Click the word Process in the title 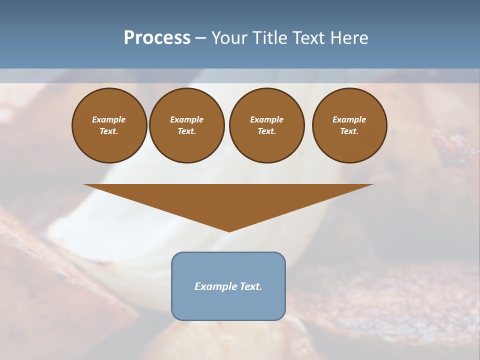pos(157,38)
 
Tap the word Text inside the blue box pos(250,286)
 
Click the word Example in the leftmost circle pos(109,120)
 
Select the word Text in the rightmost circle pos(349,131)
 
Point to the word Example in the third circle pos(266,120)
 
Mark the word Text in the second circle pos(186,131)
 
